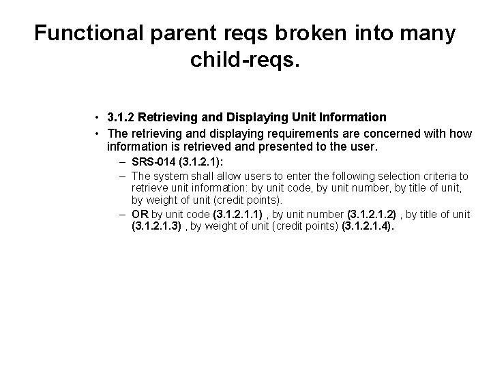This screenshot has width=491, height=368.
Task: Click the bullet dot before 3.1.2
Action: click(x=99, y=117)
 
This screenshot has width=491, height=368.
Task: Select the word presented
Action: click(x=293, y=147)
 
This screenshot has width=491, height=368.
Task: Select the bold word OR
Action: click(x=140, y=215)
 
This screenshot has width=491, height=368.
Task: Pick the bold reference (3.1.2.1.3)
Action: click(x=156, y=227)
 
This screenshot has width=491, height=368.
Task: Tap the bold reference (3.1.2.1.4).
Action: click(x=368, y=227)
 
